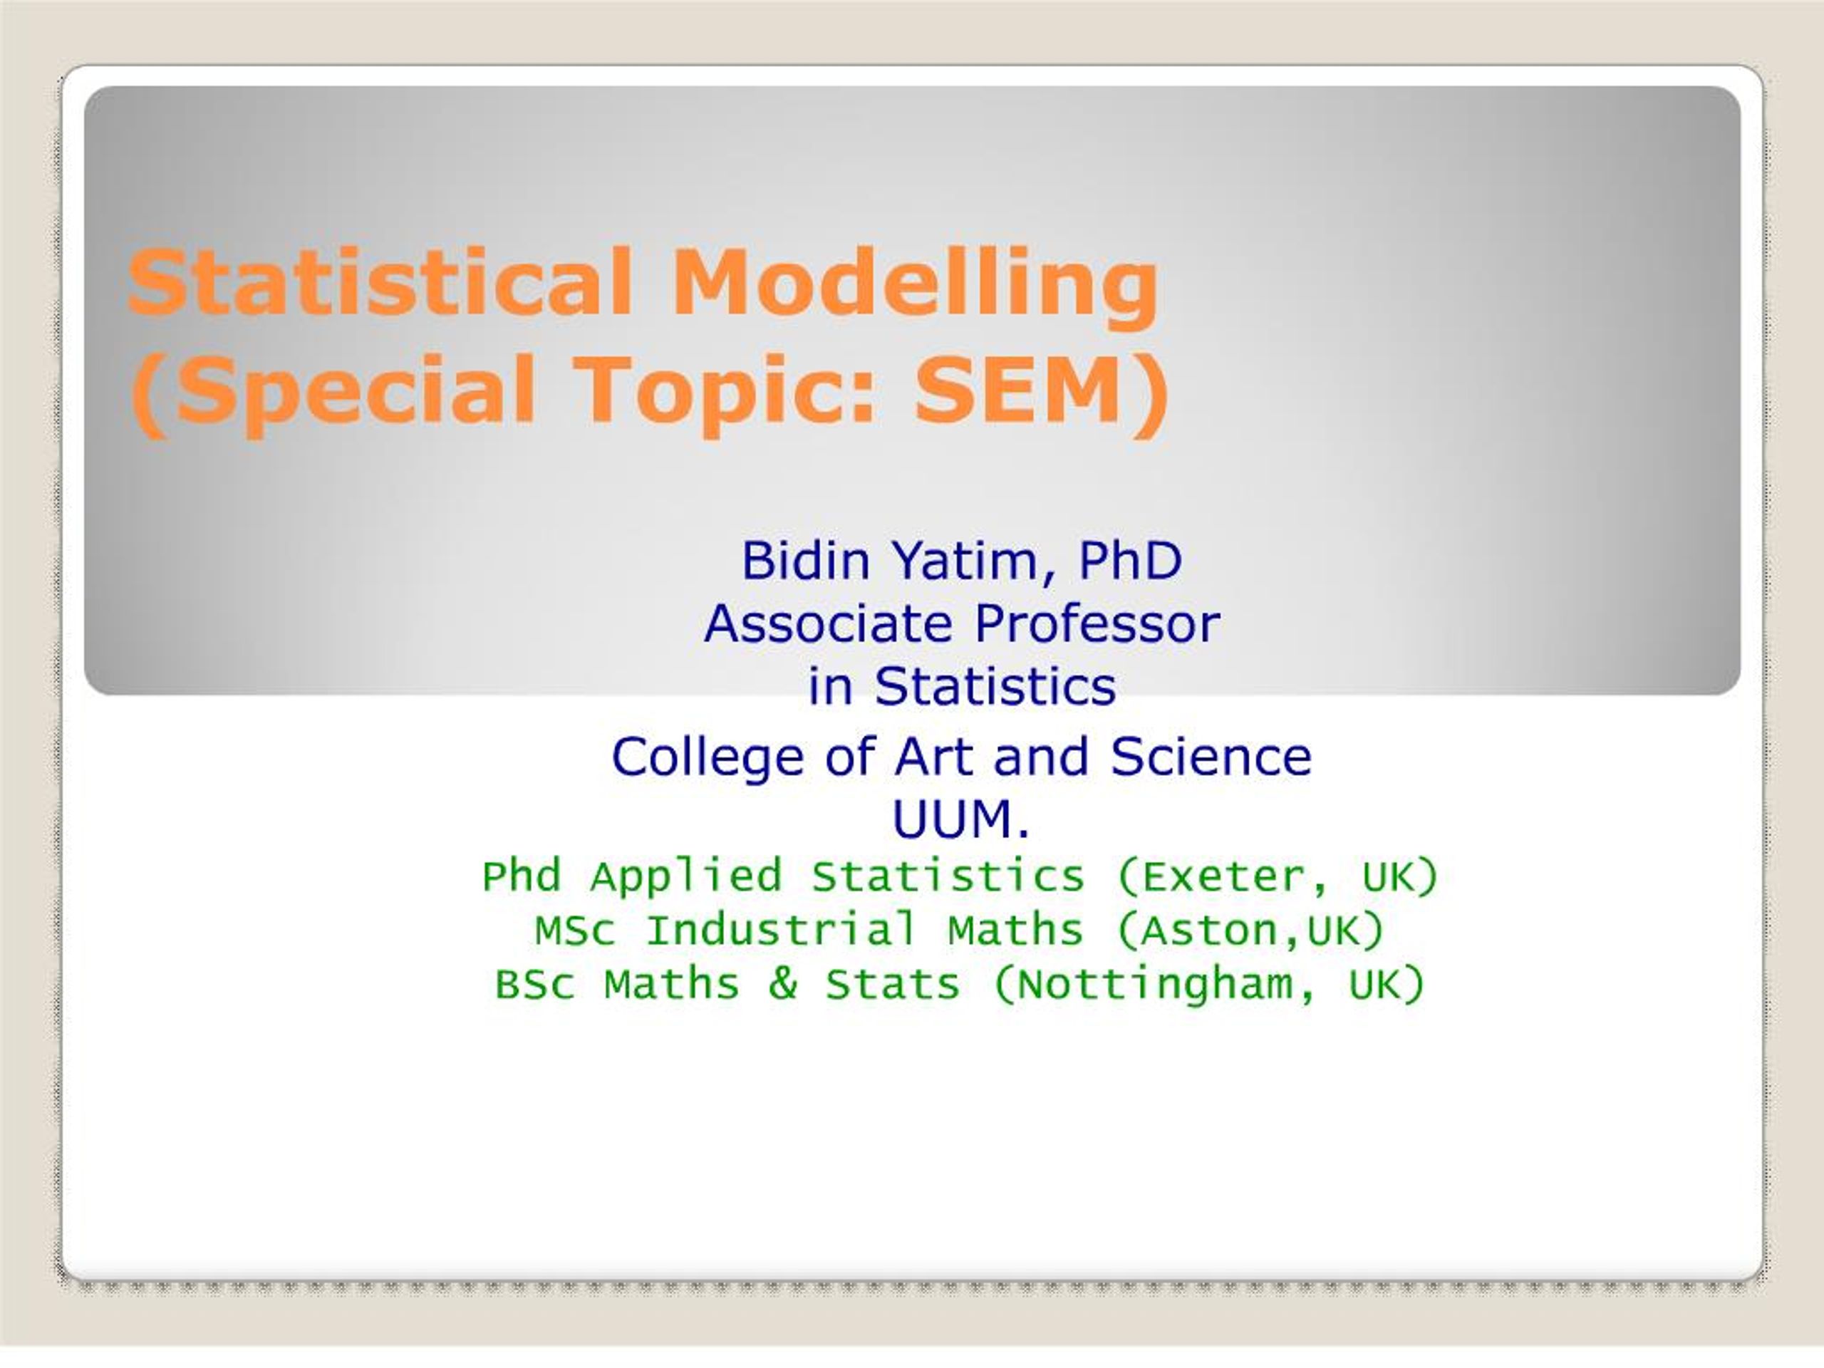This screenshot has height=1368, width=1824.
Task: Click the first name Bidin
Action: (806, 561)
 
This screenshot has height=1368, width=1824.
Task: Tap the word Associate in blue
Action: (828, 623)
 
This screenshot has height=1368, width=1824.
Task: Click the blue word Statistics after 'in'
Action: (995, 686)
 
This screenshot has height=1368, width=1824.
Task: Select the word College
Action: (708, 757)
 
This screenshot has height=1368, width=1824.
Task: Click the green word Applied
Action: (685, 876)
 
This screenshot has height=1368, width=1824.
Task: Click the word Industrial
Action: (781, 930)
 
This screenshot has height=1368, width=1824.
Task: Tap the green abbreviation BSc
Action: (534, 985)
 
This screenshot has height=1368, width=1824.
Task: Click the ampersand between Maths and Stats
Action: (782, 984)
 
